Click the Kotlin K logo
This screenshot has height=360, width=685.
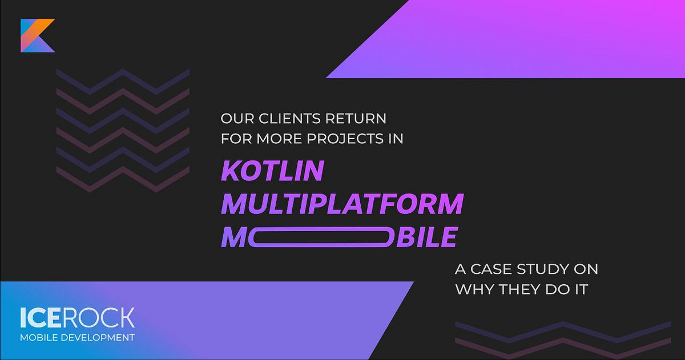(37, 35)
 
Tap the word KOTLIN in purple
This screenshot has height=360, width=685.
(272, 171)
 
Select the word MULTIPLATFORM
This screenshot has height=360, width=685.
(342, 204)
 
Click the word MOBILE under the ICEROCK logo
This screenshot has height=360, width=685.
(38, 337)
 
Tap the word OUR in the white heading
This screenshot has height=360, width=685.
(233, 119)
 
